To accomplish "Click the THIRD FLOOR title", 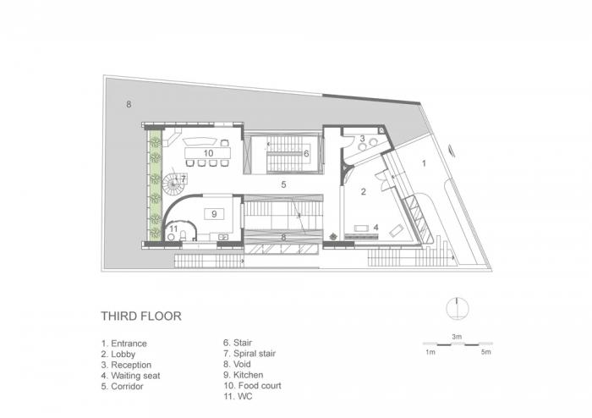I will pyautogui.click(x=141, y=316).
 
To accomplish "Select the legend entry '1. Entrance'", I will pyautogui.click(x=123, y=344).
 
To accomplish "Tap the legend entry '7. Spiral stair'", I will pyautogui.click(x=249, y=354).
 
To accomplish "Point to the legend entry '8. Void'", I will pyautogui.click(x=238, y=365).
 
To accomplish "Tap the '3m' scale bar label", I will pyautogui.click(x=456, y=336).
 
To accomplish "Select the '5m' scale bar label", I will pyautogui.click(x=485, y=350).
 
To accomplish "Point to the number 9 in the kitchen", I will pyautogui.click(x=214, y=213).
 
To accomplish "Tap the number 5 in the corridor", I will pyautogui.click(x=284, y=184).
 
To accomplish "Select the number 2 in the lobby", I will pyautogui.click(x=364, y=192).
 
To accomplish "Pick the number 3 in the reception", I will pyautogui.click(x=362, y=138).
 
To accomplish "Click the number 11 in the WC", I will pyautogui.click(x=173, y=228).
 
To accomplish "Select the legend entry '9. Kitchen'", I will pyautogui.click(x=244, y=375).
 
